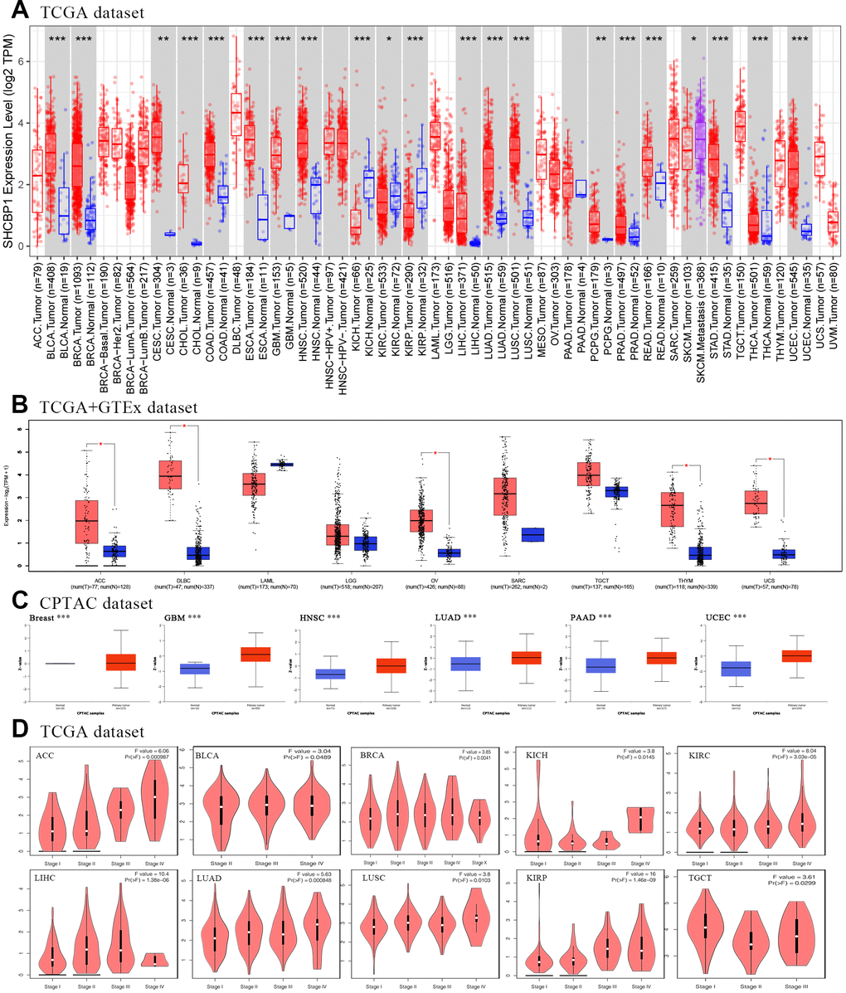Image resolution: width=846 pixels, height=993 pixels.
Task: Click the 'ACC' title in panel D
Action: (x=46, y=755)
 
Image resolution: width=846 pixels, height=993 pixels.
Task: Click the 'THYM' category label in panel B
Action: (x=686, y=572)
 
